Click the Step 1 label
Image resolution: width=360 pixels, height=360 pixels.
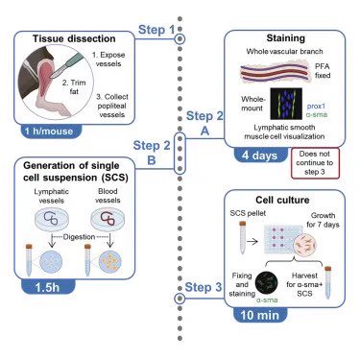pos(156,30)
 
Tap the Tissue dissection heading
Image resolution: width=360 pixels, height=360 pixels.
pos(74,38)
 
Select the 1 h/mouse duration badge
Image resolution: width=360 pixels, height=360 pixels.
pos(49,132)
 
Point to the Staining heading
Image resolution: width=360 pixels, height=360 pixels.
pos(286,38)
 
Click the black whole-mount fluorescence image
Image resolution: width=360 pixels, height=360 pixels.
pos(286,104)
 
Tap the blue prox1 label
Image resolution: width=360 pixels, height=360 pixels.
pos(316,106)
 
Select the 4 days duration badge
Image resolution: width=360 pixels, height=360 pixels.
pos(260,156)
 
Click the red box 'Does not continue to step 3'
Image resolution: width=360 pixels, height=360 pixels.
pos(315,163)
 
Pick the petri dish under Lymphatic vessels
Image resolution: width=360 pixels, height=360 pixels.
pos(52,219)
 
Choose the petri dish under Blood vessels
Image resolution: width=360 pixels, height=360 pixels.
pos(108,219)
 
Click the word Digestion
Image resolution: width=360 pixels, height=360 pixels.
pos(79,237)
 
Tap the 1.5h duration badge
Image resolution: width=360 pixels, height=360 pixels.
pos(48,287)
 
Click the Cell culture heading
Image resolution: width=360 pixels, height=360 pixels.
pos(282,200)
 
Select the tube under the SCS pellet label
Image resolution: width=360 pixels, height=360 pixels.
pos(243,238)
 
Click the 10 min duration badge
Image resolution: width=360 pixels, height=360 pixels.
pos(260,315)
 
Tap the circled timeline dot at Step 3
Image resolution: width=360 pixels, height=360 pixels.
pos(180,299)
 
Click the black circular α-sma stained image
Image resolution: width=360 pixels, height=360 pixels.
pos(266,283)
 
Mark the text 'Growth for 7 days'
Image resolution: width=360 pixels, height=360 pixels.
pos(323,220)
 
